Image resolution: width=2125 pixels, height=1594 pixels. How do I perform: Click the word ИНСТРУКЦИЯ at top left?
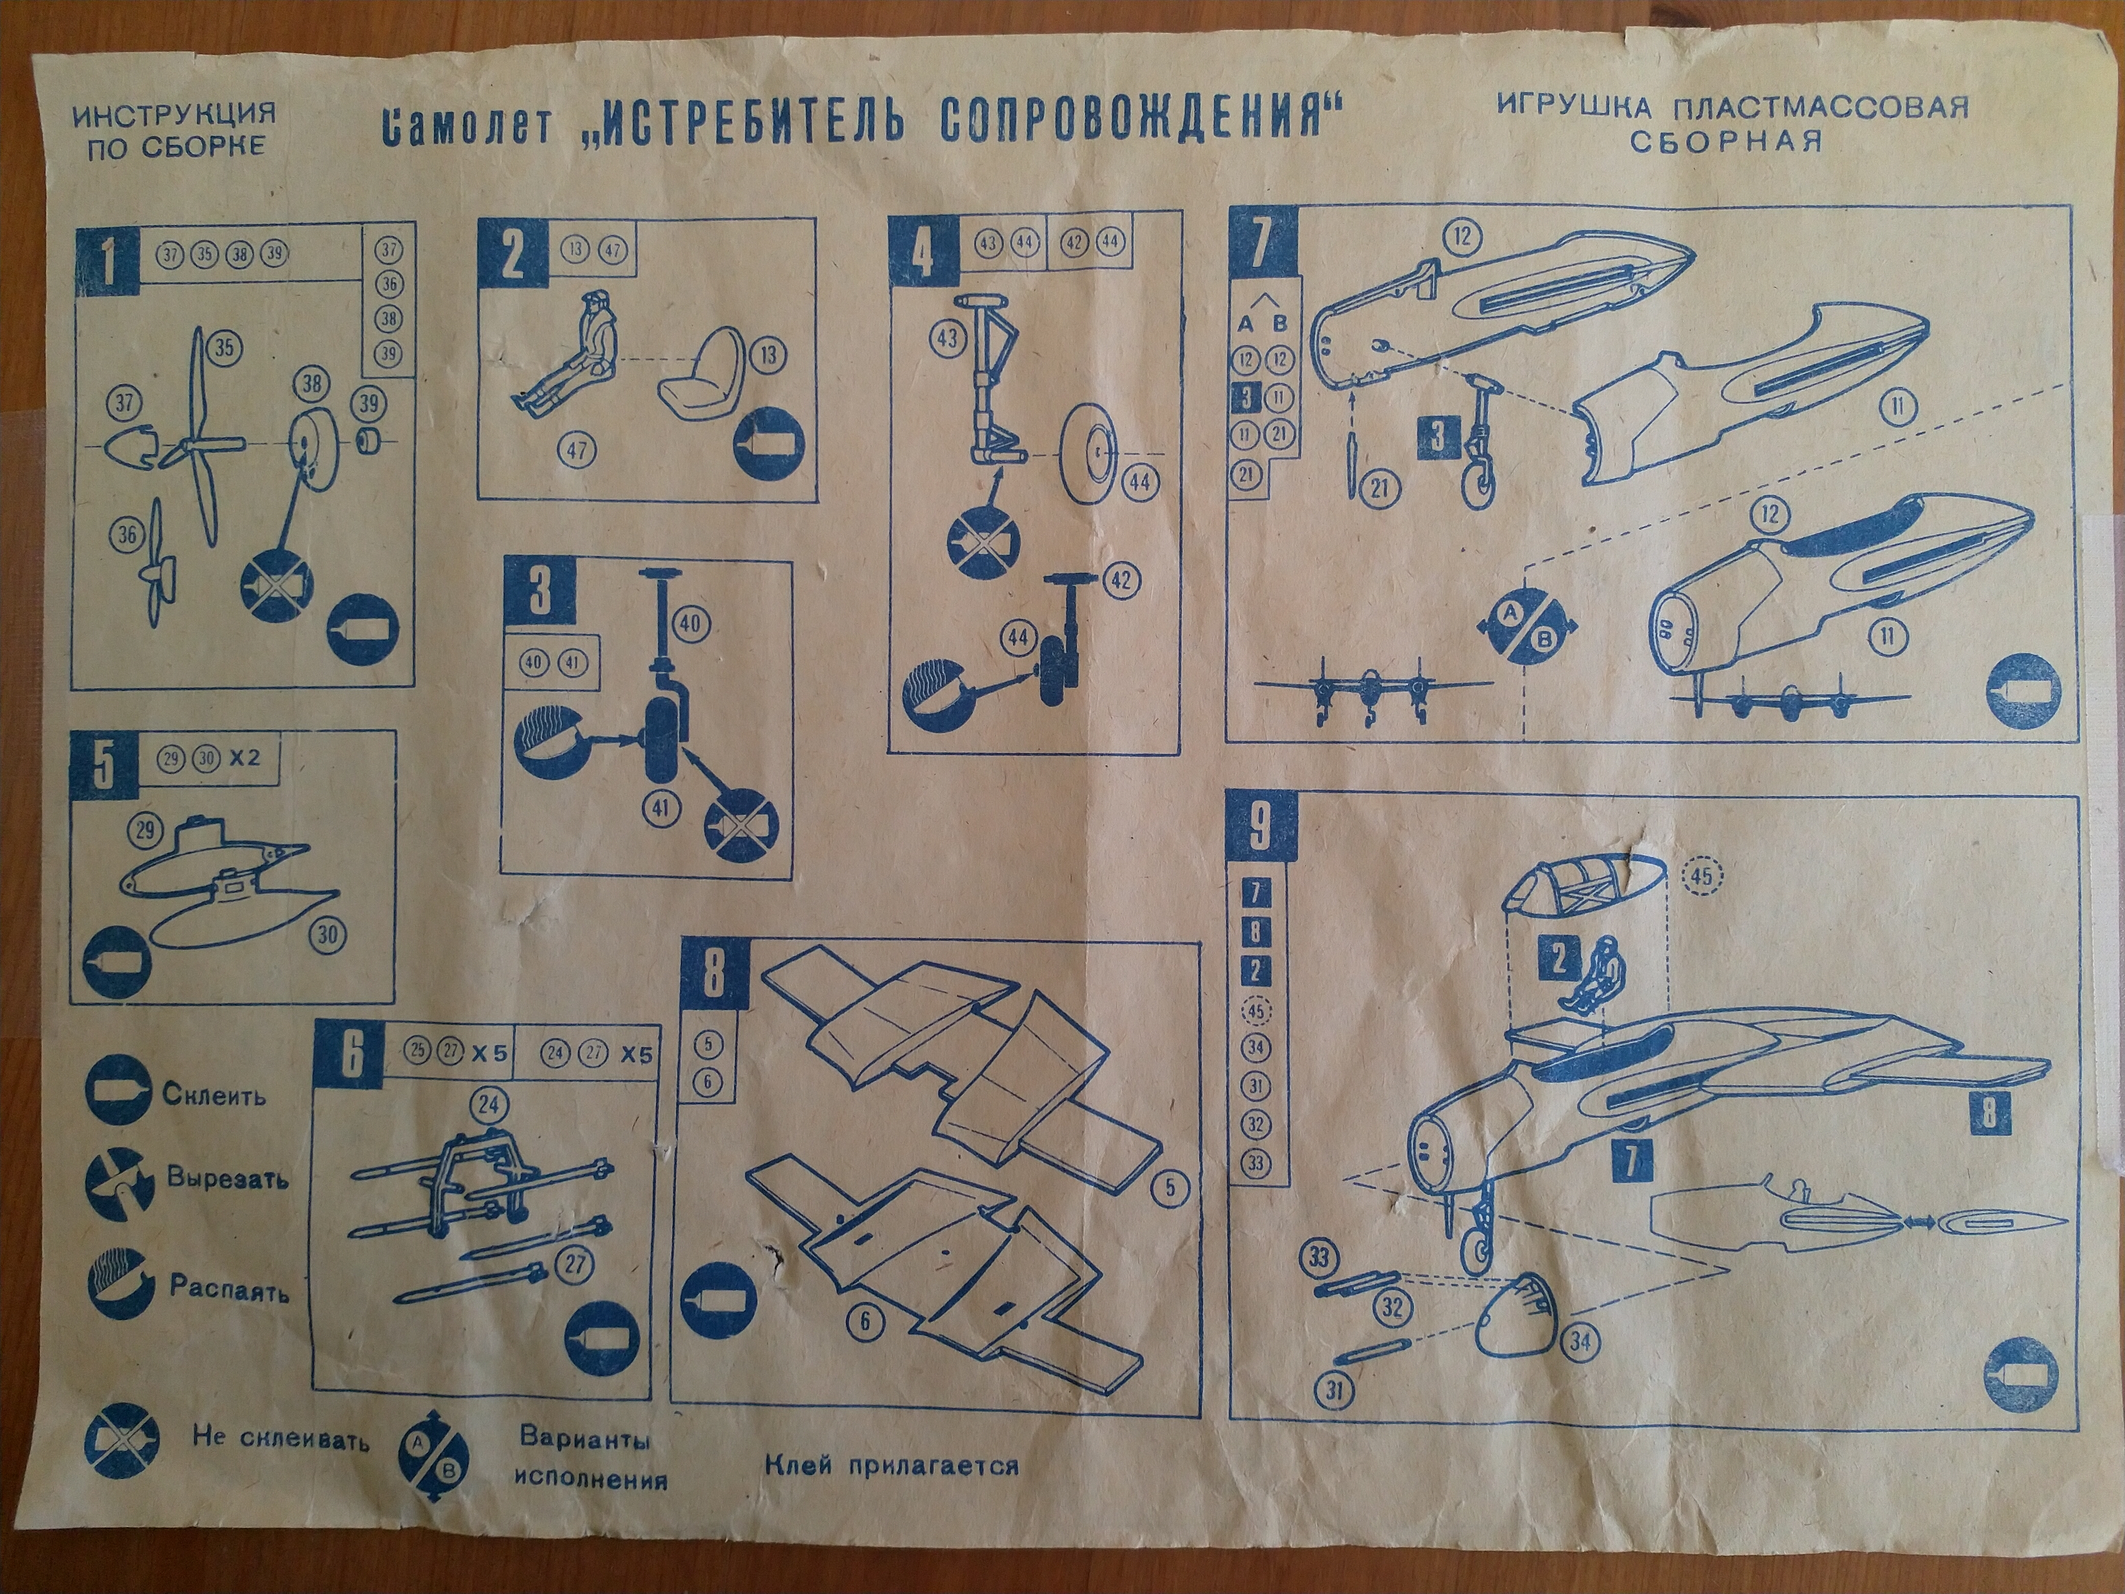point(174,114)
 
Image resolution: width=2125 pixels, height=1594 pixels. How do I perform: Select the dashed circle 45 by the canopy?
point(1703,875)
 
